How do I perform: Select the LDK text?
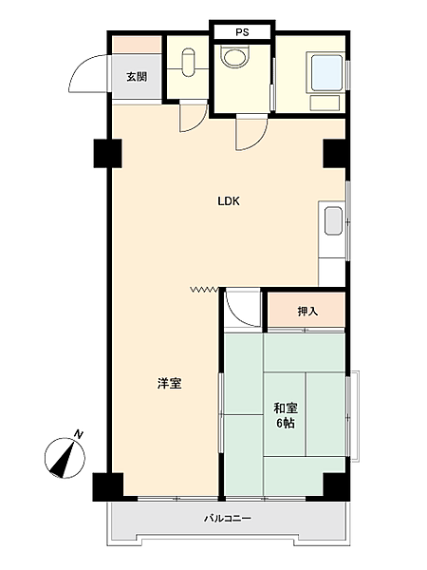pyautogui.click(x=229, y=201)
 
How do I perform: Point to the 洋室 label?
pyautogui.click(x=169, y=384)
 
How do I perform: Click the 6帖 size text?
pyautogui.click(x=284, y=423)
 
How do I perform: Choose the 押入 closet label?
pyautogui.click(x=306, y=311)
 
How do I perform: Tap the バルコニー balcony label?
pyautogui.click(x=228, y=519)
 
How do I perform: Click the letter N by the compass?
pyautogui.click(x=80, y=434)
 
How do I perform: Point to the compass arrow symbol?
pyautogui.click(x=65, y=458)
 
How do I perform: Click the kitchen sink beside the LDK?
pyautogui.click(x=333, y=221)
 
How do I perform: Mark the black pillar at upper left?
pyautogui.click(x=107, y=152)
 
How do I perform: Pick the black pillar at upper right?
pyautogui.click(x=334, y=152)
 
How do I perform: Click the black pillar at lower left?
pyautogui.click(x=107, y=485)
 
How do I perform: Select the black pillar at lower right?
pyautogui.click(x=334, y=485)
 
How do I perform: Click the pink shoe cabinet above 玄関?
pyautogui.click(x=137, y=45)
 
